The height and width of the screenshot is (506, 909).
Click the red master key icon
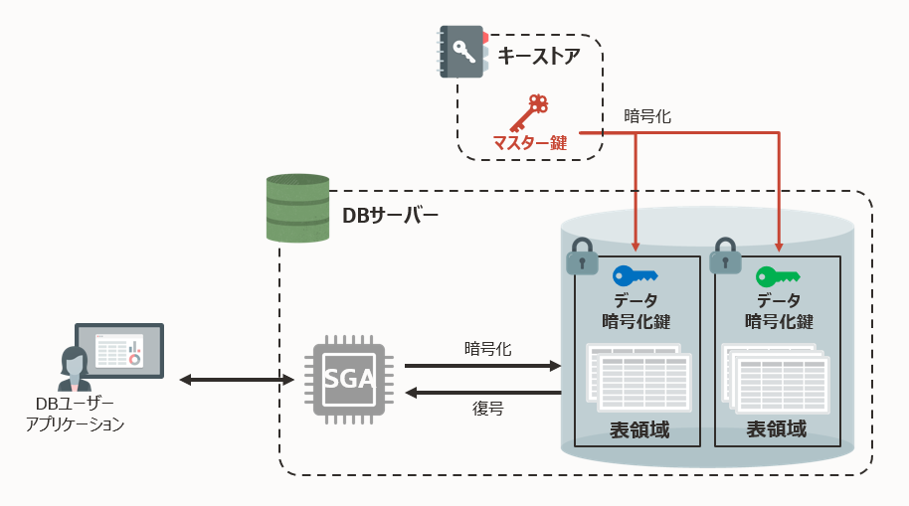528,112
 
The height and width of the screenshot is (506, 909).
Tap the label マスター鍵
530,143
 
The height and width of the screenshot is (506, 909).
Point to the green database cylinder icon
297,208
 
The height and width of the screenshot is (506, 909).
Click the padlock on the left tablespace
582,256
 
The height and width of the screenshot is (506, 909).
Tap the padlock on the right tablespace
724,256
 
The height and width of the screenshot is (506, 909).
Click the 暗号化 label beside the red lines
647,116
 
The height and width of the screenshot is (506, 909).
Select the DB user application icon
109,356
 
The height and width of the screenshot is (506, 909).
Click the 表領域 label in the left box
638,430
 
